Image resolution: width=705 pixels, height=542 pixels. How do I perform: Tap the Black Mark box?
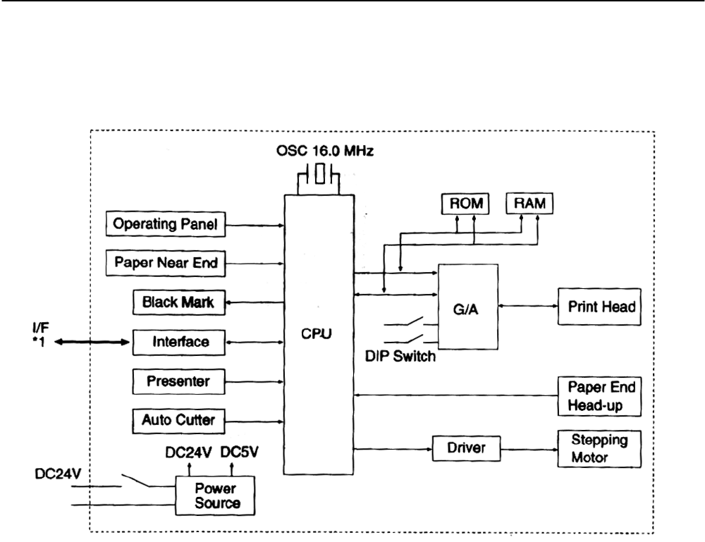[173, 303]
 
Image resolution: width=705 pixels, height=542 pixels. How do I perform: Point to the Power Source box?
[215, 495]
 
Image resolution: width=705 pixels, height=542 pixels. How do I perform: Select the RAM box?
[529, 204]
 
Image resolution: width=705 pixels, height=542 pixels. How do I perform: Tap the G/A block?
[468, 306]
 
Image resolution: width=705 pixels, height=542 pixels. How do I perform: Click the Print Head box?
[599, 306]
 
